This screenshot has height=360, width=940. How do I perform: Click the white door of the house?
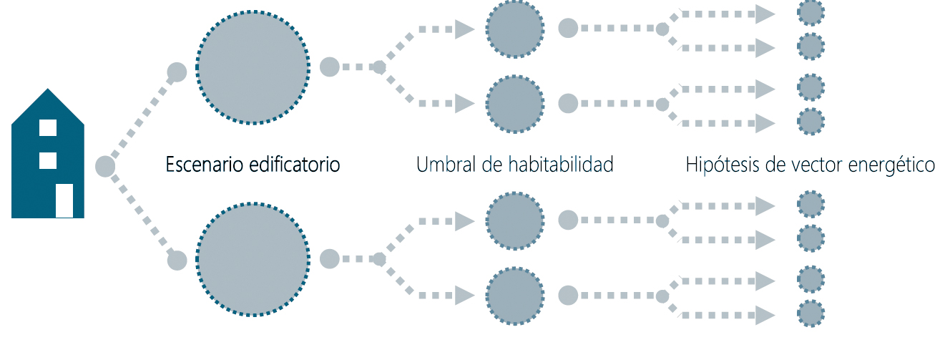64,200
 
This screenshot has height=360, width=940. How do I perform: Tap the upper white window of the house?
48,127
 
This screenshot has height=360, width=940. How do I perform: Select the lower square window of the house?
48,161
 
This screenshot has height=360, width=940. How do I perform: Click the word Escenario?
204,164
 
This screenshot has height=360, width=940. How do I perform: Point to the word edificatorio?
294,164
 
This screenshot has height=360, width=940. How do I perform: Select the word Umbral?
446,164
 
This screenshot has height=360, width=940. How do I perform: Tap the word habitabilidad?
561,164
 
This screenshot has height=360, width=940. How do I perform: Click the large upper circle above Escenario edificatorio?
253,67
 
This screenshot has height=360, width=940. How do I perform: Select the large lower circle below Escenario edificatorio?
253,259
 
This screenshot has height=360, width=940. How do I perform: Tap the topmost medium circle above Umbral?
515,29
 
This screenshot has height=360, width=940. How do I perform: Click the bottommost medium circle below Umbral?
515,296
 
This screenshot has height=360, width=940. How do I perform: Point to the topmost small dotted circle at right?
811,13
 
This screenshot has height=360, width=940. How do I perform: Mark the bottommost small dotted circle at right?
811,313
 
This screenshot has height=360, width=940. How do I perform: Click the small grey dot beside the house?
105,166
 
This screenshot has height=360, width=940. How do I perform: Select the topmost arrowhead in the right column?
765,14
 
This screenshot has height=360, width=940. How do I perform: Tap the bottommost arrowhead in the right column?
765,315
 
